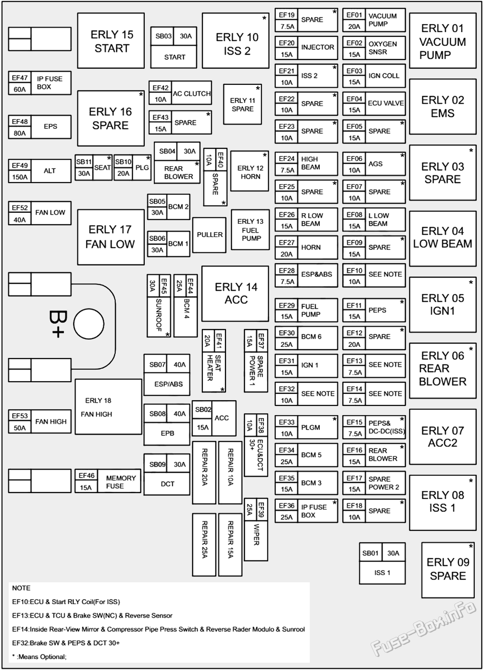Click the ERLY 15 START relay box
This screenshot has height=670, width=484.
point(111,41)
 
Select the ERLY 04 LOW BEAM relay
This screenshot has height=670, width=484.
point(442,239)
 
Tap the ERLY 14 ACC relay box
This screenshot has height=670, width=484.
point(235,294)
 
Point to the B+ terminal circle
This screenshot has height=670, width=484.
point(89,324)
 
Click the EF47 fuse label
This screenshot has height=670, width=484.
point(20,78)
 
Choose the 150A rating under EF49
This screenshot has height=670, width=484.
point(20,177)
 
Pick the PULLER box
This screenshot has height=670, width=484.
point(210,235)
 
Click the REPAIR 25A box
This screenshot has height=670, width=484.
point(204,545)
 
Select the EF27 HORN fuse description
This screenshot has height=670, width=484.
point(311,248)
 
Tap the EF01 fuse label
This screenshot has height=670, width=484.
point(354,15)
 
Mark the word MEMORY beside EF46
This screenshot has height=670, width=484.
point(121,478)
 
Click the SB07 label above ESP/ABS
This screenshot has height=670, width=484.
point(157,365)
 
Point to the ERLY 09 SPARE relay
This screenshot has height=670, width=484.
point(448,570)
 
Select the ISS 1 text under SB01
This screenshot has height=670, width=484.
point(382,573)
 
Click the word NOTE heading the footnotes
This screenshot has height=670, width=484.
point(21,588)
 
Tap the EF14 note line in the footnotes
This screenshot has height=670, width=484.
point(158,629)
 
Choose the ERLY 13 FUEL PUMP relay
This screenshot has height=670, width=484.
point(250,230)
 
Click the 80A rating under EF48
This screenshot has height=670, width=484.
point(20,133)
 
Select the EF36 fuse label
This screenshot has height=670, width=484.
point(287,505)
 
